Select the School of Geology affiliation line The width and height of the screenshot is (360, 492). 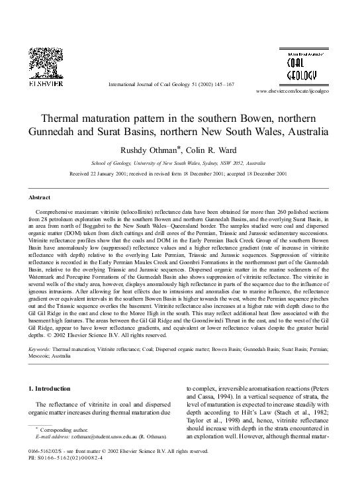tap(179, 163)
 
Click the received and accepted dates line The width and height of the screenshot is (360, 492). tap(179, 174)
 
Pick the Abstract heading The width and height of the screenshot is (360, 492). tap(40, 198)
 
